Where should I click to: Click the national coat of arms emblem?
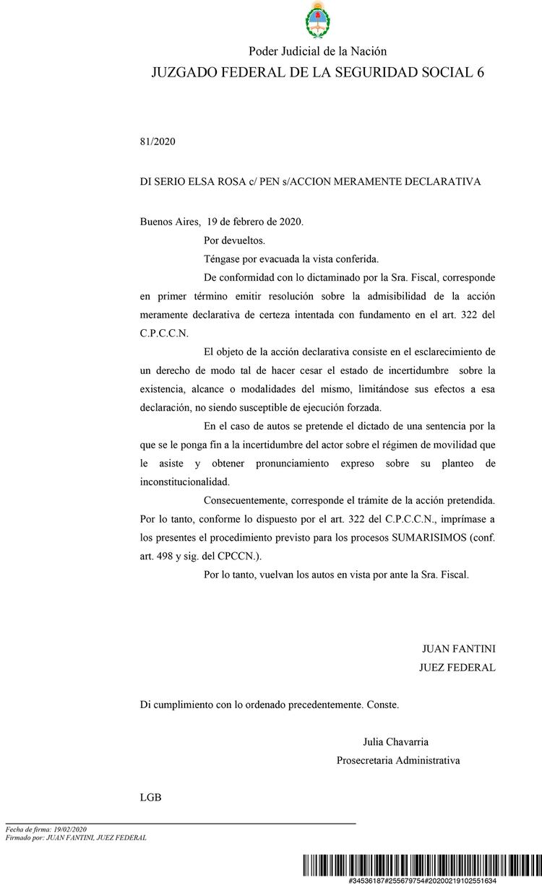click(x=317, y=21)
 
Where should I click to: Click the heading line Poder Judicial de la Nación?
click(x=317, y=51)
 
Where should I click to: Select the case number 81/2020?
click(x=158, y=141)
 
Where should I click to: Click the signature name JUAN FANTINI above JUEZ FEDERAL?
click(x=459, y=649)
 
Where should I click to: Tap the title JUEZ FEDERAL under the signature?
click(x=457, y=668)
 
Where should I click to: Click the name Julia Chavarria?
click(x=395, y=741)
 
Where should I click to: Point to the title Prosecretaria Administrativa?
click(x=398, y=760)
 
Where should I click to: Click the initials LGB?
click(x=150, y=798)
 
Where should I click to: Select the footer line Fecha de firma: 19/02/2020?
click(x=46, y=829)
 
